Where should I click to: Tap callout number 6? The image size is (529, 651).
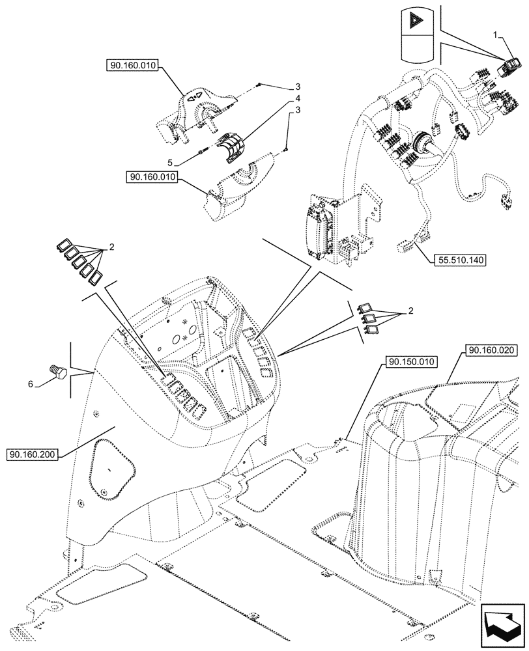tap(31, 385)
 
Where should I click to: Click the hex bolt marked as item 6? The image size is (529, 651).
tap(57, 372)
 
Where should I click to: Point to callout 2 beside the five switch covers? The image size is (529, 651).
tap(111, 248)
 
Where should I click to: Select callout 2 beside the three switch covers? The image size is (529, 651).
tap(411, 312)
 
